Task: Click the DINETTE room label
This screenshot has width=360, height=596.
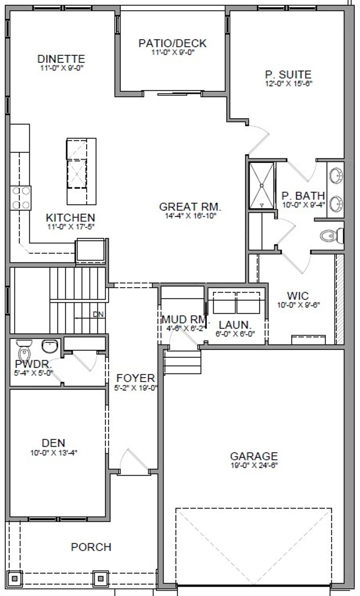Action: [61, 59]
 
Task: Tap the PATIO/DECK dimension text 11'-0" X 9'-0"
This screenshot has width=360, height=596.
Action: [173, 52]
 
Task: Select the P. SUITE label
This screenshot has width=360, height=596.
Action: [288, 74]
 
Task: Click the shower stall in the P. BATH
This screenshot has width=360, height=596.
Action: [262, 185]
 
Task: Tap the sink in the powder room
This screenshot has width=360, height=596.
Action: [50, 346]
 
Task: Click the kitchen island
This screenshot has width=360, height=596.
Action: [81, 171]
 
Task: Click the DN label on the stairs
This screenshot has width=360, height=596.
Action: [98, 314]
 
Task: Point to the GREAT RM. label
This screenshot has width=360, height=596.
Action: [190, 207]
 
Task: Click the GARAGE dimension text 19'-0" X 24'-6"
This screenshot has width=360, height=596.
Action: [254, 465]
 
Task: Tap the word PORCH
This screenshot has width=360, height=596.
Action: [91, 547]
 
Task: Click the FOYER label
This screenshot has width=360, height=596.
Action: [136, 378]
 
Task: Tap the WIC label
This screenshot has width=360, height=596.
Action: [297, 296]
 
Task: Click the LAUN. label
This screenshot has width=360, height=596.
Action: [235, 325]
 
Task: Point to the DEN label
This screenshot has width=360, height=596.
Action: [53, 443]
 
